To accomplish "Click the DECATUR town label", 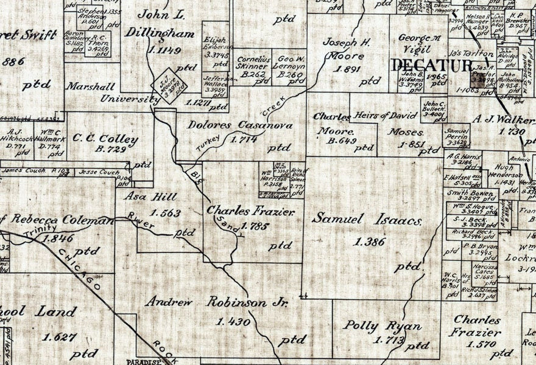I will pyautogui.click(x=427, y=64).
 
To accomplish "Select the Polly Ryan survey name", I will pyautogui.click(x=382, y=325).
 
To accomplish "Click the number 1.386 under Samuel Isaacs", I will pyautogui.click(x=369, y=242).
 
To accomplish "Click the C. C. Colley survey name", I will pyautogui.click(x=105, y=139).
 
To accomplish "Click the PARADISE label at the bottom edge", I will pyautogui.click(x=149, y=361).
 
